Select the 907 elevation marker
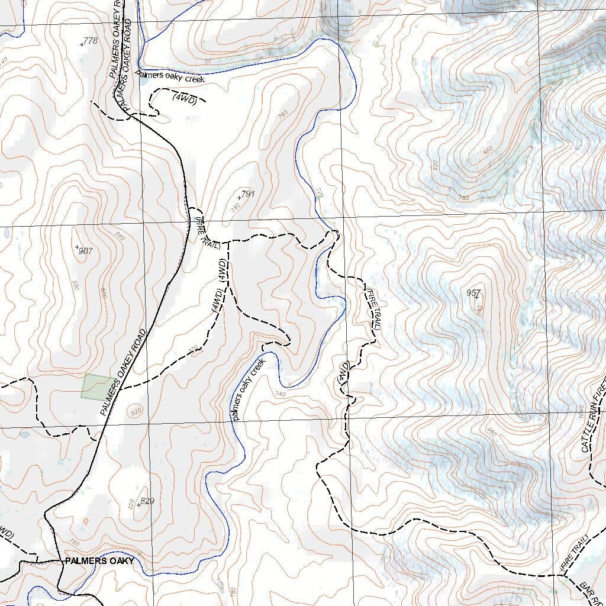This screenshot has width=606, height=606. coord(85,251)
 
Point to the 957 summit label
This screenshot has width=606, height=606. coord(473,293)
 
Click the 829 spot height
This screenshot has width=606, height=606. coord(147,501)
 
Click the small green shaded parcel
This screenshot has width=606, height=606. coord(96,386)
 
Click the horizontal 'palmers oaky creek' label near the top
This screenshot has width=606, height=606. coord(169,77)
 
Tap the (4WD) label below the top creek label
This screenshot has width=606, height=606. coord(184,99)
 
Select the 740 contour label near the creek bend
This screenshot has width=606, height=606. coord(280,394)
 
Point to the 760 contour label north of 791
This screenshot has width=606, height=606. coord(283,114)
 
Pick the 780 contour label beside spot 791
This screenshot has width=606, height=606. coord(235,207)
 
